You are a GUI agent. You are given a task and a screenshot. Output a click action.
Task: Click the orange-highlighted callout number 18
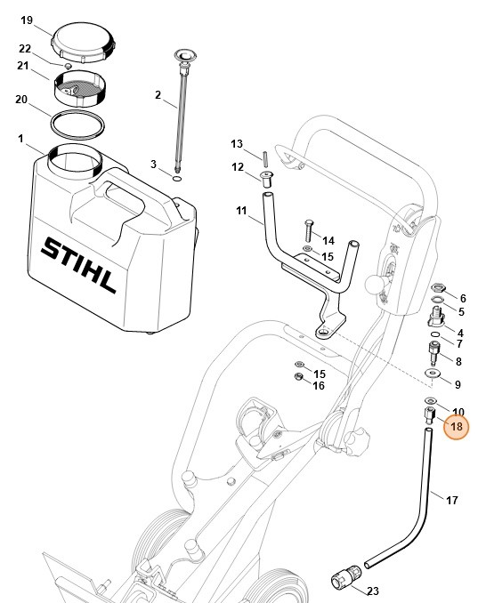(x=457, y=428)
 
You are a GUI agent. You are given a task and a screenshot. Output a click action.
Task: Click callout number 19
(x=26, y=20)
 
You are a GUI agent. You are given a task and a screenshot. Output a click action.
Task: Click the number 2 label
(x=158, y=95)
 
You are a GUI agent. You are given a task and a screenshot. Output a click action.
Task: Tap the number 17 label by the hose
(x=451, y=501)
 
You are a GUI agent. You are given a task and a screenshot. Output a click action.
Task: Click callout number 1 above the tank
(x=20, y=139)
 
